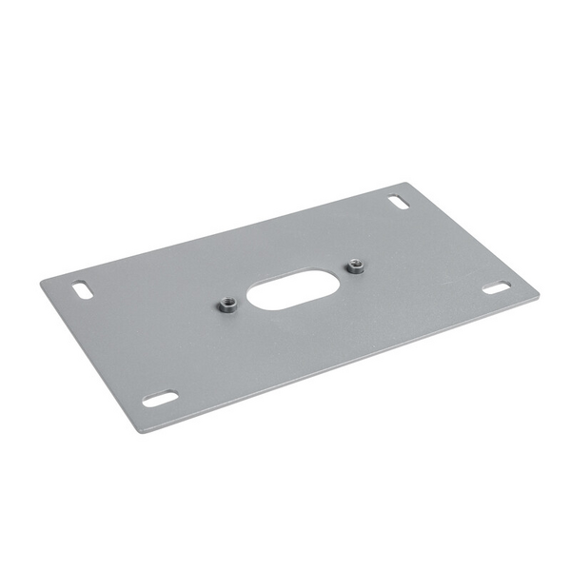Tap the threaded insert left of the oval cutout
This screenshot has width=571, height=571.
pos(228,305)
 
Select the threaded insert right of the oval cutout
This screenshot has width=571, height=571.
pos(356,266)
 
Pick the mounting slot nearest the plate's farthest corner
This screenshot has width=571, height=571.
pos(399,203)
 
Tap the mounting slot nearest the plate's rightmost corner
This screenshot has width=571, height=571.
pos(496,287)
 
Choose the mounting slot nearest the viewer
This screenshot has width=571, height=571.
pos(160,399)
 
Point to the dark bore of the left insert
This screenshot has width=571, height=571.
pos(228,305)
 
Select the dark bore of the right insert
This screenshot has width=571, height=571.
pos(356,266)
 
